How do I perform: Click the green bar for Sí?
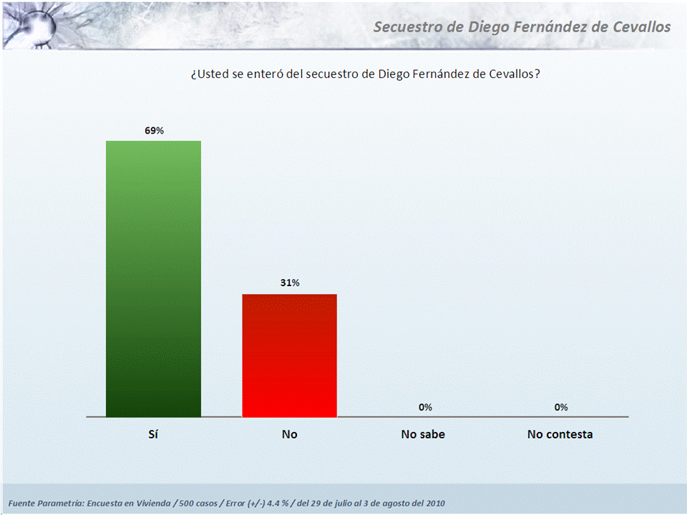[153, 278]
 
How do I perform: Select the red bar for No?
[289, 355]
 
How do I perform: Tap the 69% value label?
[154, 131]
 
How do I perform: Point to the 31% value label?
[290, 283]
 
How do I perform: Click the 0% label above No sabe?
[425, 407]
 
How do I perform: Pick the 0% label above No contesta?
[560, 407]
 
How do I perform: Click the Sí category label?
[153, 434]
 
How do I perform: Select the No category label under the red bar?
[289, 434]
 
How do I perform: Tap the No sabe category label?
[423, 434]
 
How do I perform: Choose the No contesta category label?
[560, 434]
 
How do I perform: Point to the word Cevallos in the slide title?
[638, 27]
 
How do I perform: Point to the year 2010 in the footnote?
[434, 503]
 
